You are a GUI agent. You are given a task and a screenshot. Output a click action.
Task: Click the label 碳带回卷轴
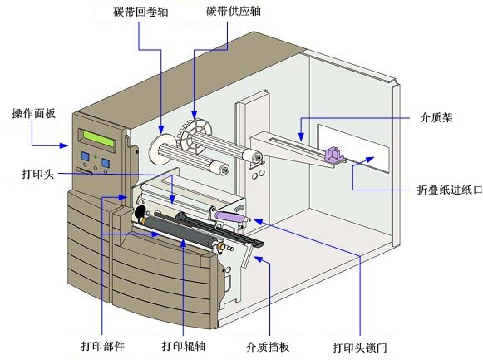[x=140, y=12]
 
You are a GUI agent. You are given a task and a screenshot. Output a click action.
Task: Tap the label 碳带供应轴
[x=234, y=11]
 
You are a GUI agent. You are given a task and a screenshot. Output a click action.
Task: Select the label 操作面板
[x=34, y=113]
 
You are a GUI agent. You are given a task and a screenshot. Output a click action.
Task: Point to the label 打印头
[x=38, y=174]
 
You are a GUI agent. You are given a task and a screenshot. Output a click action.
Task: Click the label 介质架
[x=436, y=117]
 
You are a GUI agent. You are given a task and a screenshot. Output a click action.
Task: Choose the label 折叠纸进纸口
[x=450, y=190]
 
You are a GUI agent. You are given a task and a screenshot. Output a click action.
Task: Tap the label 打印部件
[x=103, y=346]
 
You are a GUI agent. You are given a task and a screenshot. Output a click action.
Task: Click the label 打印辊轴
[x=184, y=346]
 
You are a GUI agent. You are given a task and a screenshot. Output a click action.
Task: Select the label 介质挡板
[x=268, y=347]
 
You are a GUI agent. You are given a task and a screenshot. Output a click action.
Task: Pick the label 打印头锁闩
[x=360, y=348]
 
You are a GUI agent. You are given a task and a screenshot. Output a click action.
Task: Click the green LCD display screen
[x=99, y=139]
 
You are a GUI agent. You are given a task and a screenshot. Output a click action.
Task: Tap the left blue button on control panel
[x=85, y=156]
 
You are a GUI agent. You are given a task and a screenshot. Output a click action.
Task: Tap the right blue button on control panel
[x=106, y=163]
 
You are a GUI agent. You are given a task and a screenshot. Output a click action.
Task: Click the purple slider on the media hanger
[x=333, y=154]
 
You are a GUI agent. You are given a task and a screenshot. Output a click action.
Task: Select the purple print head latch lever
[x=231, y=216]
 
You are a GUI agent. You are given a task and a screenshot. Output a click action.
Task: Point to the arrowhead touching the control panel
[x=64, y=145]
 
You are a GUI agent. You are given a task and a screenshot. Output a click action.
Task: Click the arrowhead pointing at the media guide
[x=258, y=259]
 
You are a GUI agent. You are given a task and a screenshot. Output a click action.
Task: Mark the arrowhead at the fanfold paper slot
[x=370, y=159]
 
